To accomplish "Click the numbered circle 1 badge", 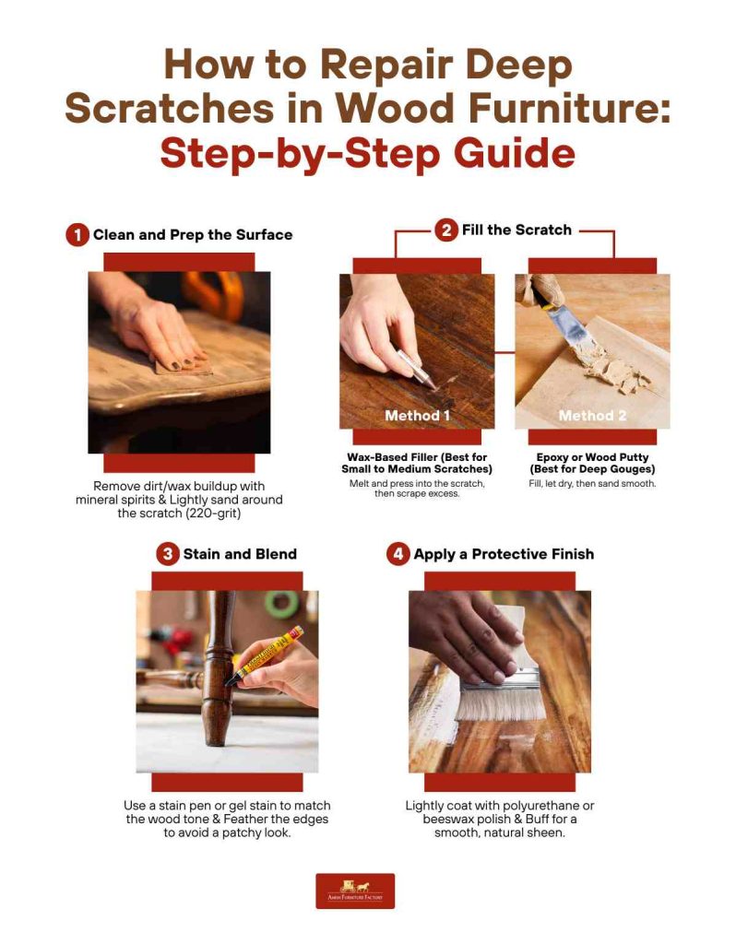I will coord(77,235).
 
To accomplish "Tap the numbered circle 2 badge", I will coord(445,230).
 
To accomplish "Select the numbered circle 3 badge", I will coord(167,554).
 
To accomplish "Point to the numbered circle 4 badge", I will coord(398,554).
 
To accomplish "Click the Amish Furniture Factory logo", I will coord(355,891).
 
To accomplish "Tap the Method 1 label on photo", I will coord(417,415).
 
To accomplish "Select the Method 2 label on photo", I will coord(592,415).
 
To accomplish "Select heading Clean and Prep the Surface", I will coord(193,235).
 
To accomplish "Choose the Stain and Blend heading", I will coord(240,554).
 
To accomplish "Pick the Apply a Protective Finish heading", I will coord(504,554).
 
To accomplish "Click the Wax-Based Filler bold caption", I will coord(419,463).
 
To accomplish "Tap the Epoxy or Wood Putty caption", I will coord(592,463).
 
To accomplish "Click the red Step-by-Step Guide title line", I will coord(367,152).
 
